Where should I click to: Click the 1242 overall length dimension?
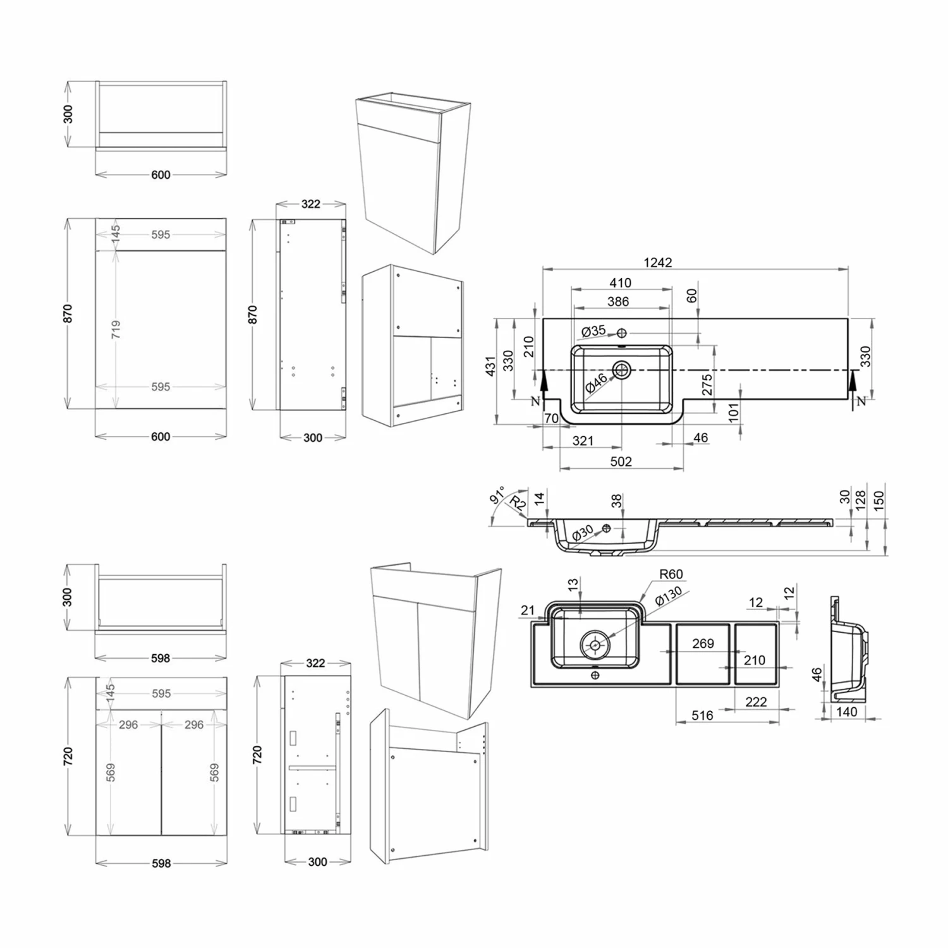coord(658,262)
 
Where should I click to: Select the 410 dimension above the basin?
coord(621,283)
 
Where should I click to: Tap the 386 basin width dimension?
coord(618,301)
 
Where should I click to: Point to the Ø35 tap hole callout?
coord(593,331)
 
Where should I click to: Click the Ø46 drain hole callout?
coord(596,383)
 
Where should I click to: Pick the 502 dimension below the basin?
coord(621,461)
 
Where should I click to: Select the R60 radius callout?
coord(671,574)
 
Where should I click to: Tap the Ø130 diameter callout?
coord(669,596)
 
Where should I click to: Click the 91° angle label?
coord(497,495)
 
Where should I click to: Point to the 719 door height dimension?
coord(116,329)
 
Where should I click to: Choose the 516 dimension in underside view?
coord(702,715)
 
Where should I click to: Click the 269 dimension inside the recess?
coord(703,643)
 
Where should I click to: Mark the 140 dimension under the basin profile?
coord(847,712)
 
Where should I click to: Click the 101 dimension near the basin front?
coord(733,413)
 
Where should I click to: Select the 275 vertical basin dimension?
coord(707,385)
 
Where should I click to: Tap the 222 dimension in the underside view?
coord(756,702)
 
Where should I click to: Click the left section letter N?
coord(536,401)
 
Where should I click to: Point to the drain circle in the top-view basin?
coord(622,369)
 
